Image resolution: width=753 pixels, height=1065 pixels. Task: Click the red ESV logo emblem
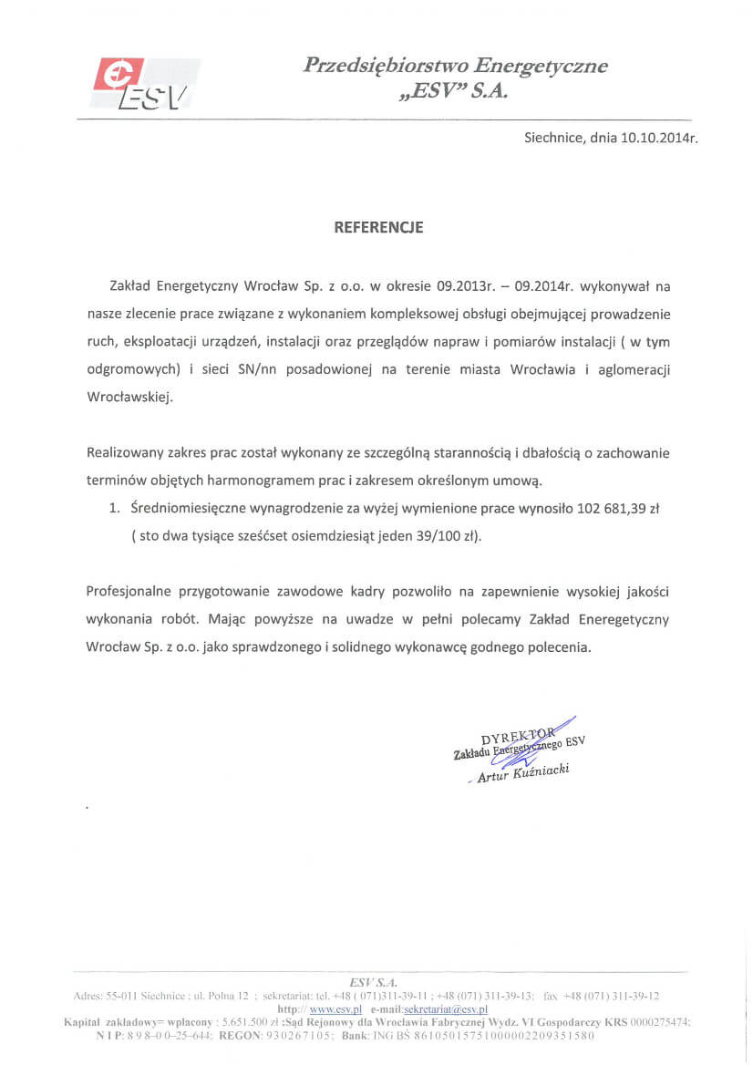(x=119, y=77)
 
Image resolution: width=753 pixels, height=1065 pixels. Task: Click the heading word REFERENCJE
(x=378, y=228)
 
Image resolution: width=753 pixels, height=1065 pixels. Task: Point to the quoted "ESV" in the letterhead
(x=430, y=93)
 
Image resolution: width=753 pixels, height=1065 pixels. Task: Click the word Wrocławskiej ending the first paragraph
(x=129, y=398)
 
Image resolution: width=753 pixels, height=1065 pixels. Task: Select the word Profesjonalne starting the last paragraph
(x=131, y=592)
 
